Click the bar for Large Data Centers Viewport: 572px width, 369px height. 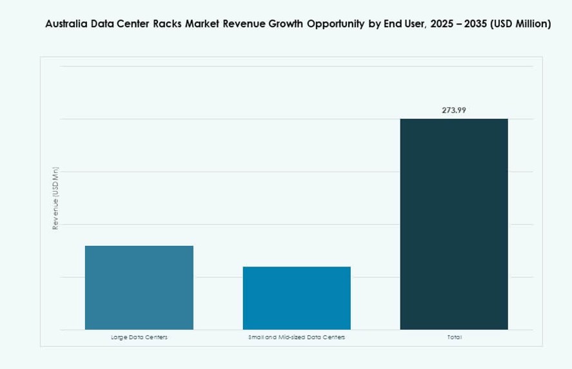point(139,288)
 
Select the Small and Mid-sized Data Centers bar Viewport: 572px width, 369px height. point(297,298)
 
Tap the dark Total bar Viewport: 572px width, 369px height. point(454,224)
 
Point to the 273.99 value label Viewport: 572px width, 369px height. point(454,110)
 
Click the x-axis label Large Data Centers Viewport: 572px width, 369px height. point(139,337)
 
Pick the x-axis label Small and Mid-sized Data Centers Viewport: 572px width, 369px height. point(297,337)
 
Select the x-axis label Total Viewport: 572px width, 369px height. point(454,337)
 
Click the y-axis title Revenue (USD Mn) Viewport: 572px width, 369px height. point(55,198)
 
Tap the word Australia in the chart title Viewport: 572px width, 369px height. point(66,25)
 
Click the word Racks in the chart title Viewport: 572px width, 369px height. point(166,25)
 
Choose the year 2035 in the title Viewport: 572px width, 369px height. point(483,25)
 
